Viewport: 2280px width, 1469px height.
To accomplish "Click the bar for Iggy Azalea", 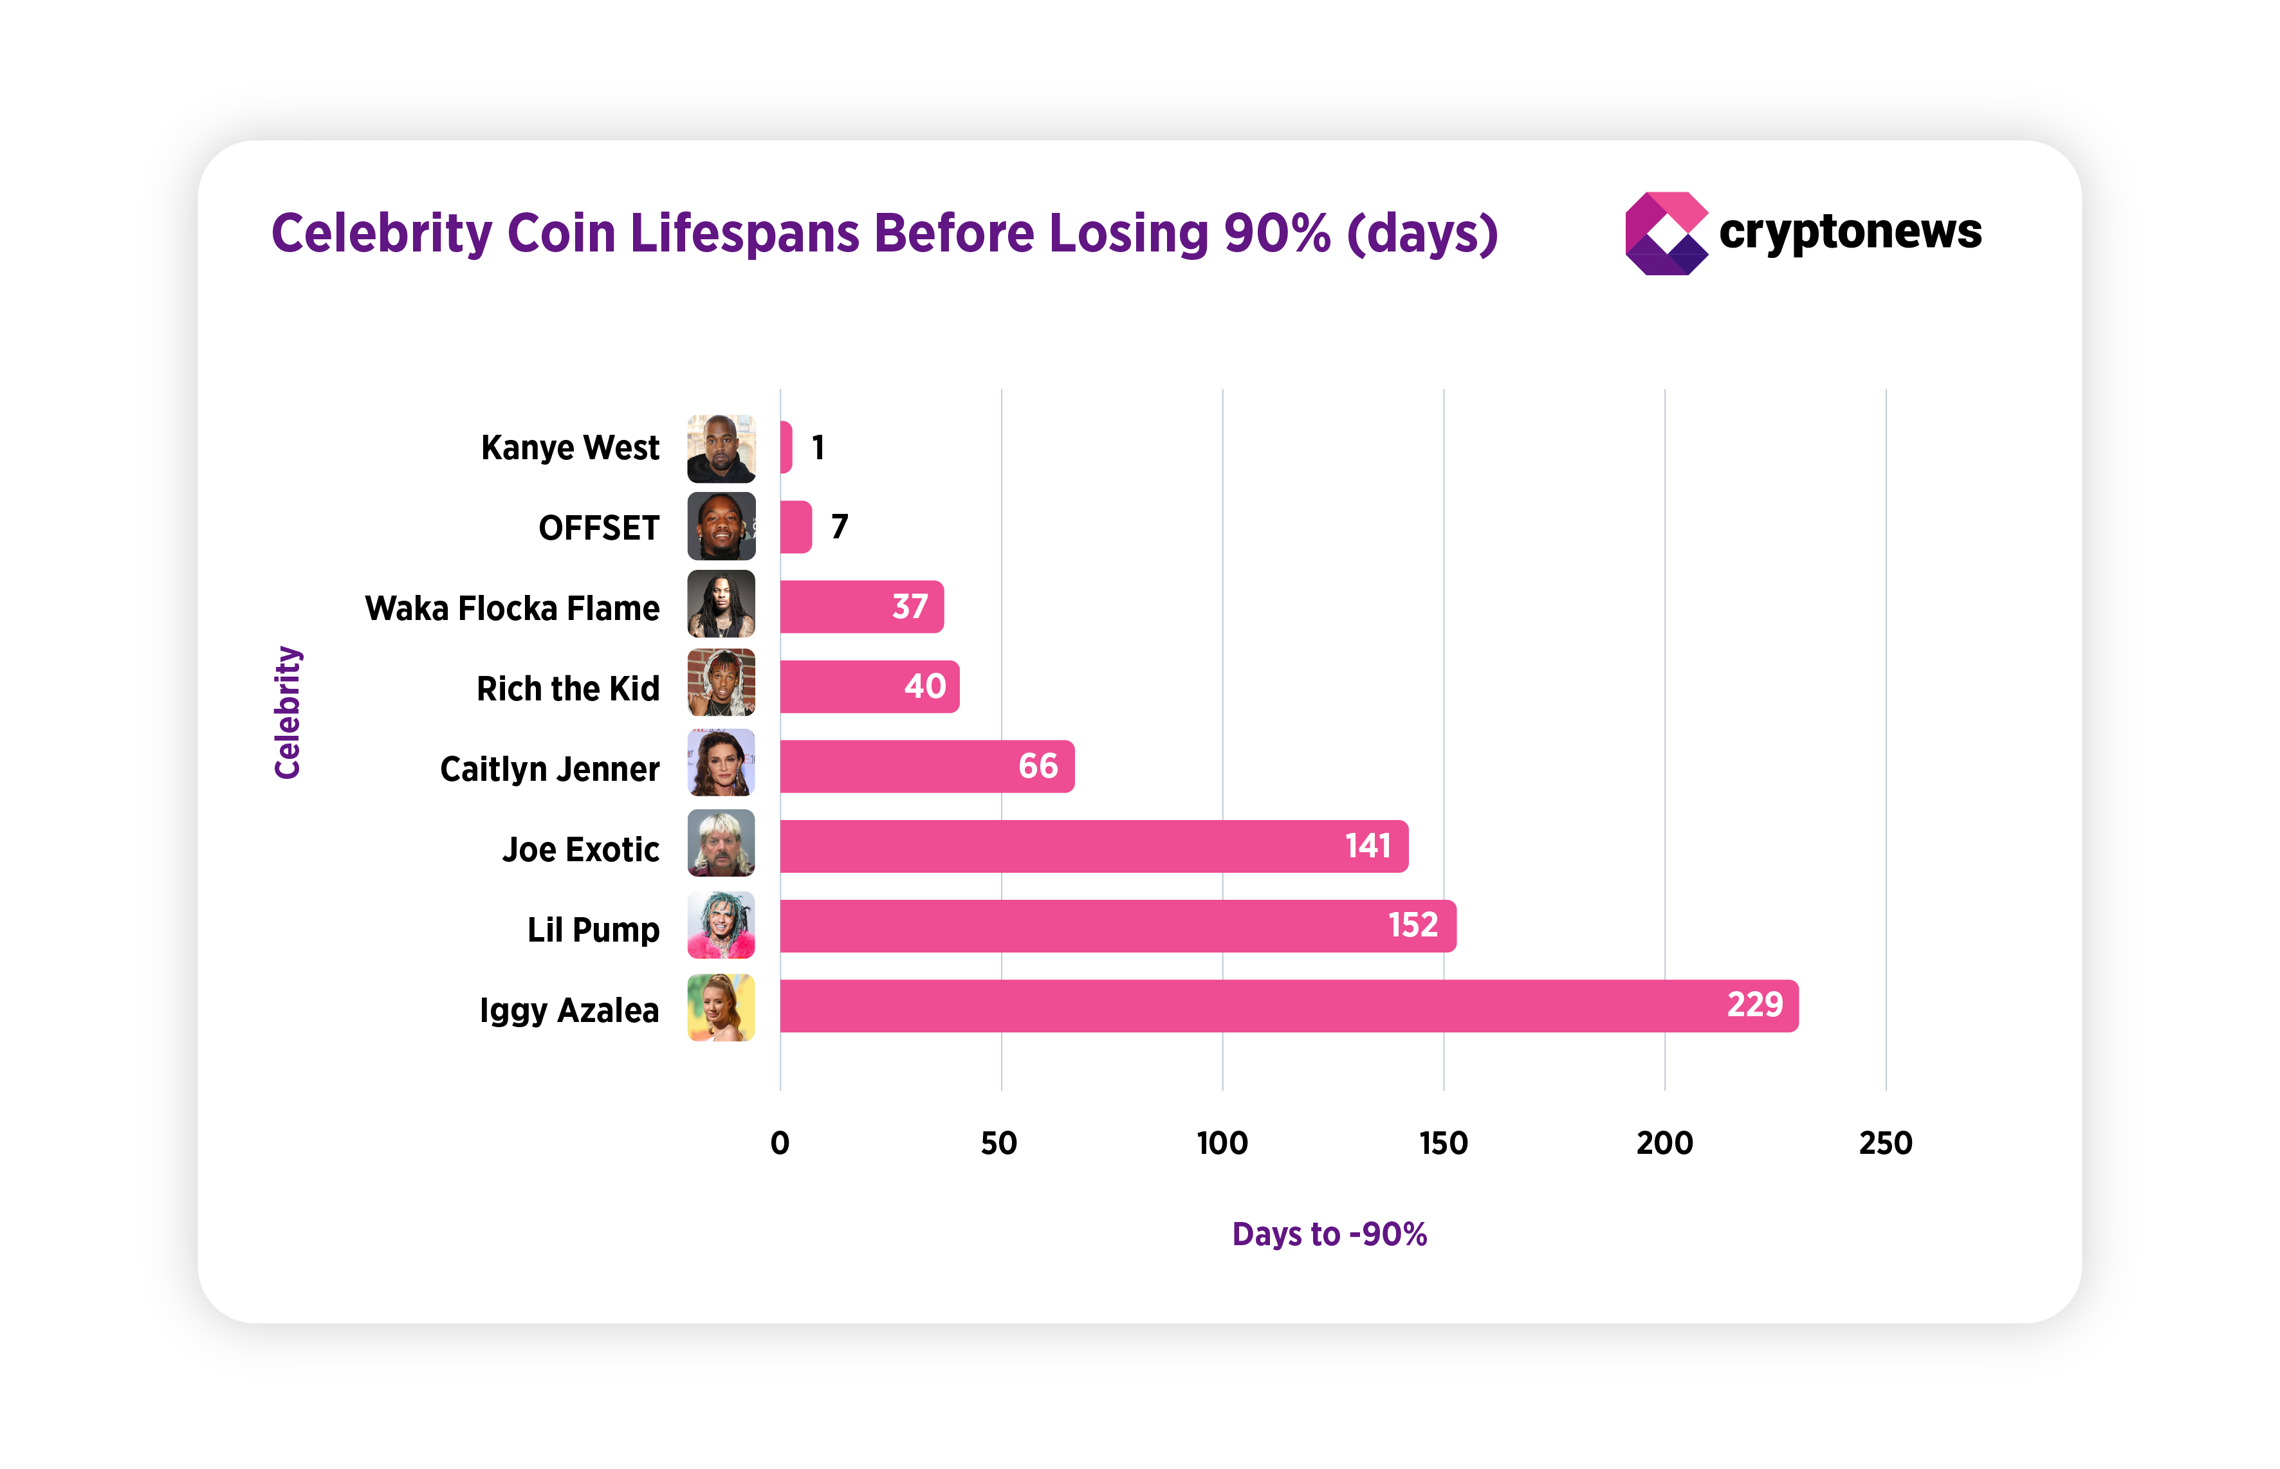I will coord(1288,1005).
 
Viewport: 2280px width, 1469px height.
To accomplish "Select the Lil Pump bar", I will coord(1116,926).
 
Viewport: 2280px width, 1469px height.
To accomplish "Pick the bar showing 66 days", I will coord(925,766).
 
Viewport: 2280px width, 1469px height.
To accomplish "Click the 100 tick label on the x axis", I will coord(1222,1143).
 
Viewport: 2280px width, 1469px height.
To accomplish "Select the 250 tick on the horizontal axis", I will coord(1885,1143).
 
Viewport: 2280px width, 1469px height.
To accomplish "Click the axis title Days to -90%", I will coord(1329,1234).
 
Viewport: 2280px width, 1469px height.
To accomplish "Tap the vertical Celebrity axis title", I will coord(287,713).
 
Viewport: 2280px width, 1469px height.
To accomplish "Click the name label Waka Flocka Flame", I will coord(512,608).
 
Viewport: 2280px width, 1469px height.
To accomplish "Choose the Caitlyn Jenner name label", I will coord(549,769).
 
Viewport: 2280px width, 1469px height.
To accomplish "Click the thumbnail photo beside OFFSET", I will coord(721,527).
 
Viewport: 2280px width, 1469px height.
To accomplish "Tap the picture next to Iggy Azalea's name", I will coord(721,1007).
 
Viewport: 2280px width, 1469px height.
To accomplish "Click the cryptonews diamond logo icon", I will coord(1666,233).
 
